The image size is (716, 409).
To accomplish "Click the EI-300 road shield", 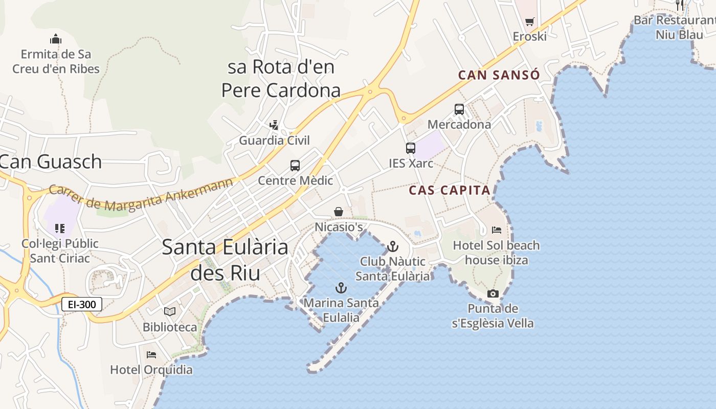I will point(82,305).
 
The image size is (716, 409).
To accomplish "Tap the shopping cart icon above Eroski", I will point(530,22).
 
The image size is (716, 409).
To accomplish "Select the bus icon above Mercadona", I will point(459,109).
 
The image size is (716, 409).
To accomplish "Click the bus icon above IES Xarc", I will point(411,148).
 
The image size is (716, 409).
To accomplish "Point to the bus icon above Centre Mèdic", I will point(295,166).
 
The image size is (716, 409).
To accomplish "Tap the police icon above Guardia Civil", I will point(274,125).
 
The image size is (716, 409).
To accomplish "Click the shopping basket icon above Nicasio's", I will point(339,212).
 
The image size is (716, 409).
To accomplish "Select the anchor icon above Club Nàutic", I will point(392,247).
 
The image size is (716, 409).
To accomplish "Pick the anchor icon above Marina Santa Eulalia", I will point(341,288).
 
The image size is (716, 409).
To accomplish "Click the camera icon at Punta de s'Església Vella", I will point(493,293).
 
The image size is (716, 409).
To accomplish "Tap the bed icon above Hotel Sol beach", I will point(496,230).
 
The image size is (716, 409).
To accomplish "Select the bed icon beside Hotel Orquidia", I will point(151,354).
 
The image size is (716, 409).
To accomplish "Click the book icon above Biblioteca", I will point(170,311).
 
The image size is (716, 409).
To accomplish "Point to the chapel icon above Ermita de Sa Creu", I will point(56,39).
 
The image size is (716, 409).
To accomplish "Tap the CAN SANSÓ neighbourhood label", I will point(499,75).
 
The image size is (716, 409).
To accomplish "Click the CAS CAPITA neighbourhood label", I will point(450,191).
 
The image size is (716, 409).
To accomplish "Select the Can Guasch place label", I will point(51,162).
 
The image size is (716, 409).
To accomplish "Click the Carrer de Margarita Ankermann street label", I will point(141,195).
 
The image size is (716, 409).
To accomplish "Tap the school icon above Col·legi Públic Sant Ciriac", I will point(60,228).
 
